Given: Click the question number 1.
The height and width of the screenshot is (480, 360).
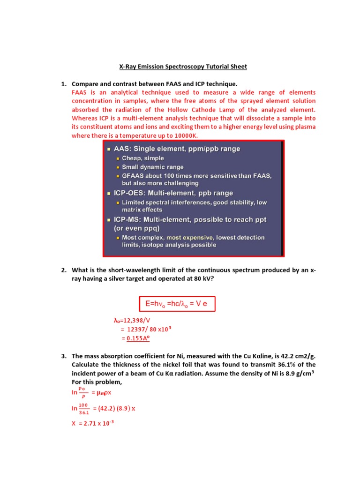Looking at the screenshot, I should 63,83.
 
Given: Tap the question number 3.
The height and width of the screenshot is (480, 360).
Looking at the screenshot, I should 63,356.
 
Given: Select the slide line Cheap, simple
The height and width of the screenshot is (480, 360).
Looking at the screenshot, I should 142,158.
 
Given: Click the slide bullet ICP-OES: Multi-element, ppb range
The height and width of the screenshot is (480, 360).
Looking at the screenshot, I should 173,193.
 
